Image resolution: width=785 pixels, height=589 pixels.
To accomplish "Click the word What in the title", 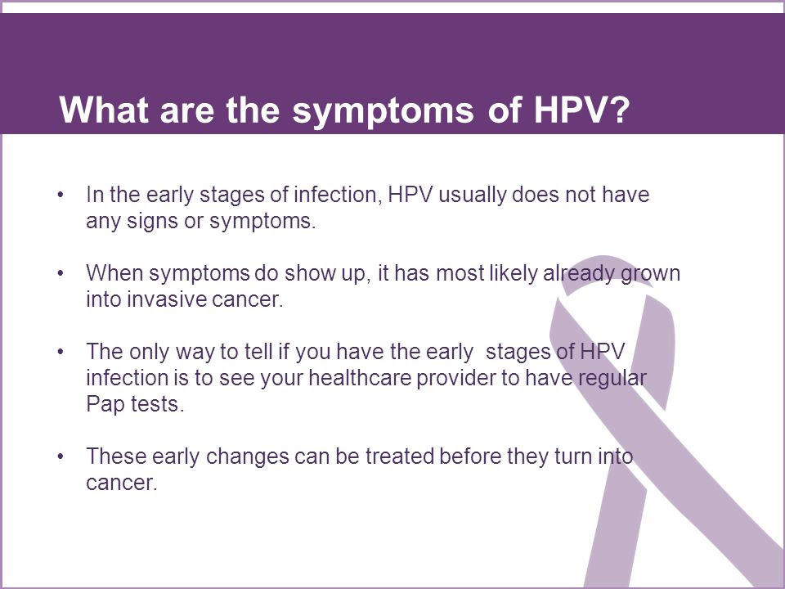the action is [x=104, y=109].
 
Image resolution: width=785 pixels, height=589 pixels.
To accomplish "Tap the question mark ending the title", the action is [x=619, y=109].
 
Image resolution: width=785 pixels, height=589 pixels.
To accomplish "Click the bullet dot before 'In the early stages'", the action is [x=61, y=195].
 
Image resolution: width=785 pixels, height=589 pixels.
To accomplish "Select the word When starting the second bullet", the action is [x=114, y=273].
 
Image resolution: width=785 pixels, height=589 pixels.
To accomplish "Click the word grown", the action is [x=650, y=274].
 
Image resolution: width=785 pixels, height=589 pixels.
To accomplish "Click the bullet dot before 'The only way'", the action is [x=61, y=352].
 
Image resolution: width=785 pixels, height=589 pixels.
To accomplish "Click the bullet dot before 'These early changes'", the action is [x=61, y=456].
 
